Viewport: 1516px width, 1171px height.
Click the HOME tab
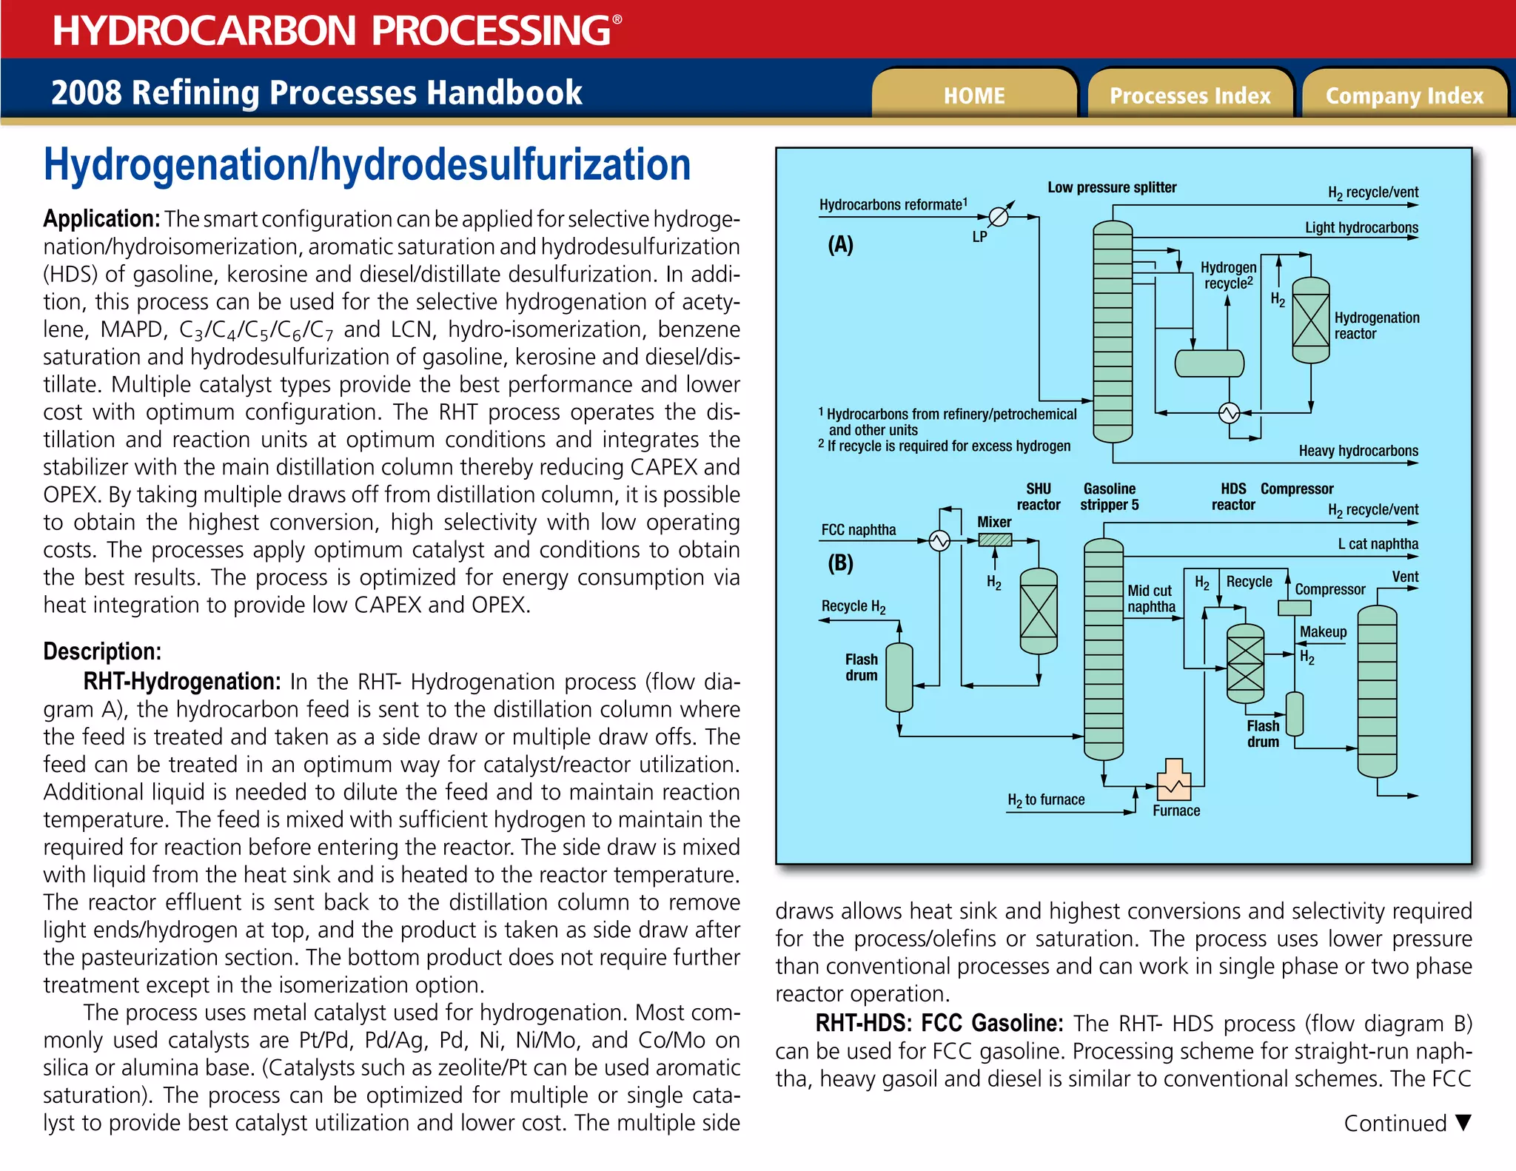973,95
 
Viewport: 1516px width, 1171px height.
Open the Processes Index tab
1189,95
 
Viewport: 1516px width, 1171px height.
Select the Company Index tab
1403,95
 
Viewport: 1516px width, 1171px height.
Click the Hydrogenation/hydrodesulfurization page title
366,164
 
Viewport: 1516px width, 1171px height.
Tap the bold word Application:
101,219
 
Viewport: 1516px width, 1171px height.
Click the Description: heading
102,651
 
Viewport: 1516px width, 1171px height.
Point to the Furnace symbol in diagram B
1174,780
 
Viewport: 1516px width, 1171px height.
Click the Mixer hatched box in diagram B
995,540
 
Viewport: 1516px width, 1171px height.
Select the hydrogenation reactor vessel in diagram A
1310,321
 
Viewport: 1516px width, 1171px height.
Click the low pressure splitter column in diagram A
1113,332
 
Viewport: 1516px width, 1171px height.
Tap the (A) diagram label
840,245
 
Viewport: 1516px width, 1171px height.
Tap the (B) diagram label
840,563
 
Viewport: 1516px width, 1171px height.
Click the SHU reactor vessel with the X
1039,611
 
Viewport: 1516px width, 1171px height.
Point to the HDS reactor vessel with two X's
1245,663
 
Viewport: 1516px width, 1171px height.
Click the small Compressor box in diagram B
1295,608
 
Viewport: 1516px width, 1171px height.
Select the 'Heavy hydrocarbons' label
1358,451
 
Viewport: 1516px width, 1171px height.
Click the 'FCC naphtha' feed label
858,530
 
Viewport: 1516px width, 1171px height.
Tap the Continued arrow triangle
1463,1123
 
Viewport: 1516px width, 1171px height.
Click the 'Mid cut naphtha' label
1150,599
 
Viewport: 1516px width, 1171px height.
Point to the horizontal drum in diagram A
1210,363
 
